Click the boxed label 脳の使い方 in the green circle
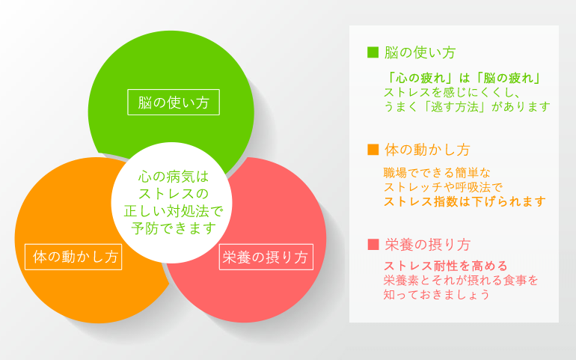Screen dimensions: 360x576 (x=173, y=103)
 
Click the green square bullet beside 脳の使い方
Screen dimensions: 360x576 (x=373, y=53)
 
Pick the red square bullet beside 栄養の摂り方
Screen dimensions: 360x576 (x=373, y=245)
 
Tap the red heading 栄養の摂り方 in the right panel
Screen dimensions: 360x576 (x=427, y=245)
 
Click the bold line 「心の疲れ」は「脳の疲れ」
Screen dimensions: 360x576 (x=465, y=77)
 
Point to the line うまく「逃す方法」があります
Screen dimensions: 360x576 (x=467, y=107)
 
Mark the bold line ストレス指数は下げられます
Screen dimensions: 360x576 (x=465, y=202)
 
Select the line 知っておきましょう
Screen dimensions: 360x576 (x=437, y=295)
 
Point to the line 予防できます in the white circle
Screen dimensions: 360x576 (x=172, y=228)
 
